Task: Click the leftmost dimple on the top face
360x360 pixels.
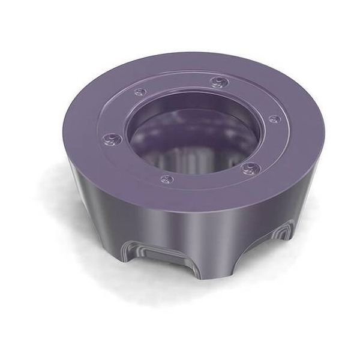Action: [112, 139]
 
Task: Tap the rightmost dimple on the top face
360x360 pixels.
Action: [274, 119]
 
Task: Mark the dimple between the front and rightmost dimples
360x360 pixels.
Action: [248, 167]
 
